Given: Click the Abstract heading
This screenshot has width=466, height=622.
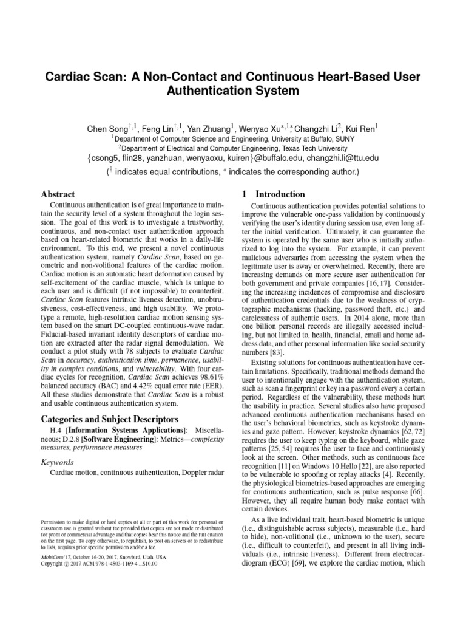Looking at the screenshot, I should [58, 194].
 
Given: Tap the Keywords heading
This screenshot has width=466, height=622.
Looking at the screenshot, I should [57, 462].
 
